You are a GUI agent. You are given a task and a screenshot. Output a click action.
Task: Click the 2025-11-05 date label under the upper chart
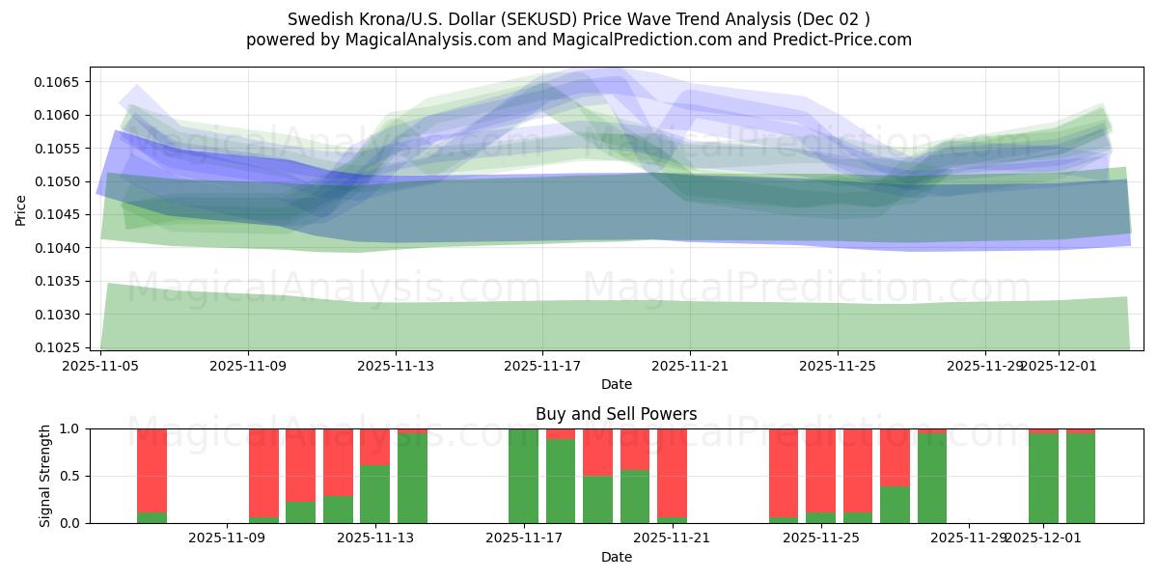click(x=100, y=367)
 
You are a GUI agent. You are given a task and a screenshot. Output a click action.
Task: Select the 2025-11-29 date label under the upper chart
click(x=984, y=367)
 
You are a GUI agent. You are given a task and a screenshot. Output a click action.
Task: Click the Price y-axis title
click(x=21, y=208)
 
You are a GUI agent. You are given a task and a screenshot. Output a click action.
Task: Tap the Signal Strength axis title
click(x=45, y=475)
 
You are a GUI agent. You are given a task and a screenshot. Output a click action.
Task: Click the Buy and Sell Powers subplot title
click(x=616, y=414)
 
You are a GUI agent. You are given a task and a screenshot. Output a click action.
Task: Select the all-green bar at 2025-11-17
click(x=523, y=476)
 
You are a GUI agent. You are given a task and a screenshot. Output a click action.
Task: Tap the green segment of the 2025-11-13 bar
click(x=374, y=494)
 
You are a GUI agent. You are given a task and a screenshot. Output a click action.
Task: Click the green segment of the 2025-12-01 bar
click(x=1043, y=479)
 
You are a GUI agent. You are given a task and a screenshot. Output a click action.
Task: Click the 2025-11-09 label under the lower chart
click(x=226, y=538)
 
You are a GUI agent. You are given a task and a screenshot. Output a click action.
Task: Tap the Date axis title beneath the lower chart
click(x=616, y=557)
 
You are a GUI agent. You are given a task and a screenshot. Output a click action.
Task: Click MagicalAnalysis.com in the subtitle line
click(x=420, y=40)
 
